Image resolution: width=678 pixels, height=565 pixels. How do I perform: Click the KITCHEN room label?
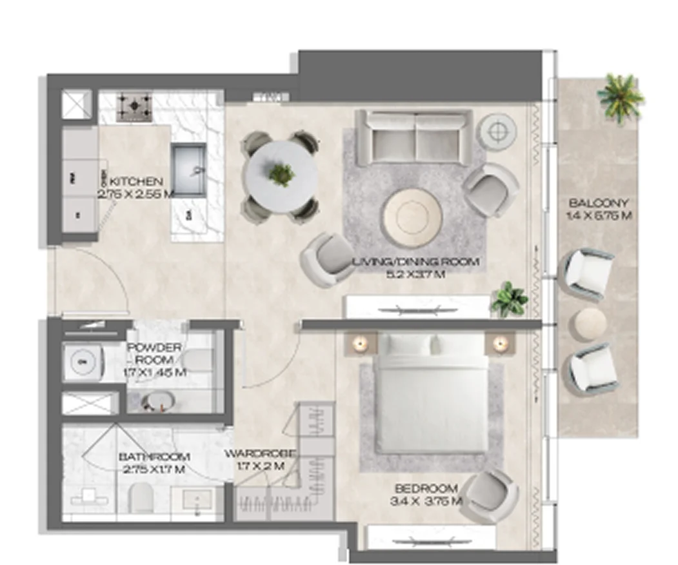(x=136, y=181)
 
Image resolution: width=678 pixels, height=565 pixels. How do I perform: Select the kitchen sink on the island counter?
(x=188, y=170)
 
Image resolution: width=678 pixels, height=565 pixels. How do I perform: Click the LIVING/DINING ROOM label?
(x=415, y=262)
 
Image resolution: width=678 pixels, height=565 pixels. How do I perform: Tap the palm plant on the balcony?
(x=621, y=97)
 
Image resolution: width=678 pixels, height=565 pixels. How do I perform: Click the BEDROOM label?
(x=426, y=489)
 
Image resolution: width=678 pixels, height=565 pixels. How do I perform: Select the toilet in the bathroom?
(x=140, y=497)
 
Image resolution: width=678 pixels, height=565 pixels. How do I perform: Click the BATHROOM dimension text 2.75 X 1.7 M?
(x=154, y=470)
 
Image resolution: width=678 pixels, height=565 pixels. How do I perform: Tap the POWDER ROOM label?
(x=154, y=353)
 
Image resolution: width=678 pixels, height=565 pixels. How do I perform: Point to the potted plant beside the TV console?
(x=510, y=299)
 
